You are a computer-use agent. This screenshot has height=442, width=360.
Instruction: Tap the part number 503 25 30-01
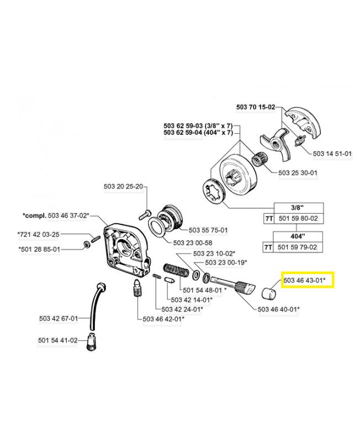pos(298,173)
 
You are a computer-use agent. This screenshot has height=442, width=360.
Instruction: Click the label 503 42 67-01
pos(59,318)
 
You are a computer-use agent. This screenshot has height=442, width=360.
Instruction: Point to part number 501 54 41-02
pos(59,340)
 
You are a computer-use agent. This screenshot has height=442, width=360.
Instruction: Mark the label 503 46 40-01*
pos(278,309)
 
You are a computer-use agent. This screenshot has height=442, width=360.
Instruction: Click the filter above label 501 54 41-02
pos(90,346)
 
